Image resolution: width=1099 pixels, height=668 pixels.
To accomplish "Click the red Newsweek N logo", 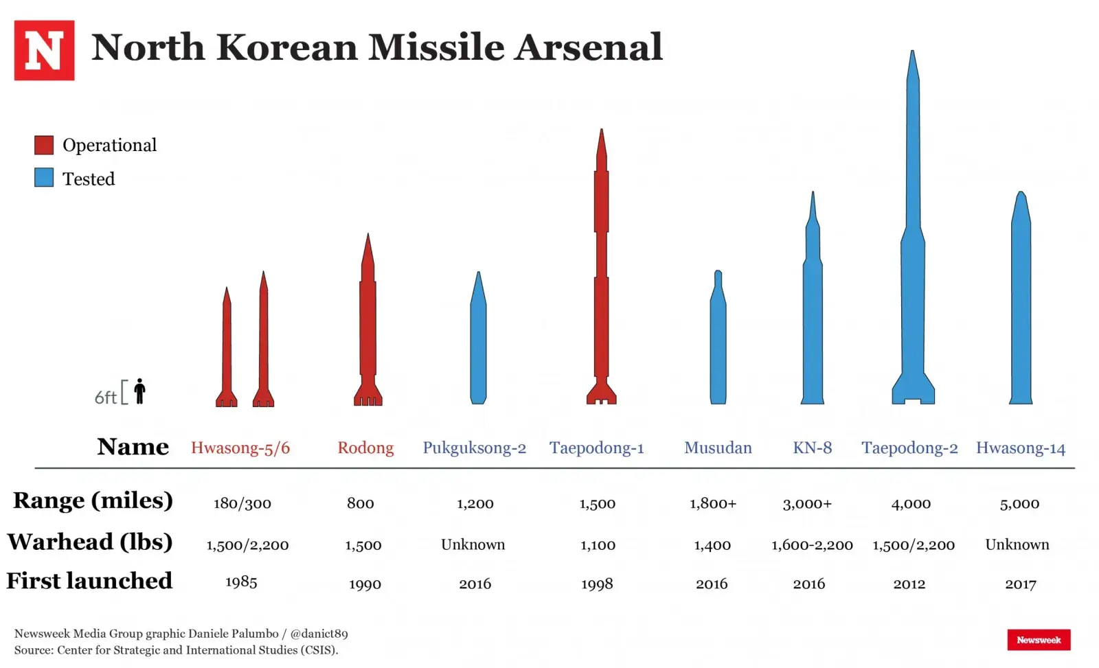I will click(44, 50).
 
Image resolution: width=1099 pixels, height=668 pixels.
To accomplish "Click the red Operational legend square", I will click(44, 145).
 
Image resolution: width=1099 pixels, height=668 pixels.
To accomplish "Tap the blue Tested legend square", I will click(44, 178).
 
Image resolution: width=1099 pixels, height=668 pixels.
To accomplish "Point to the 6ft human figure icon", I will click(140, 391).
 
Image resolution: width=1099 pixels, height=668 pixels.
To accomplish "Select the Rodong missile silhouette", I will click(368, 323).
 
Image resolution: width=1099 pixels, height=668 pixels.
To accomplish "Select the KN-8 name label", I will click(812, 448).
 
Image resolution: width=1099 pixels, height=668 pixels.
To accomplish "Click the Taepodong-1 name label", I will click(596, 448).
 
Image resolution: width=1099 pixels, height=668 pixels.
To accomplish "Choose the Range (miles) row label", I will click(93, 500).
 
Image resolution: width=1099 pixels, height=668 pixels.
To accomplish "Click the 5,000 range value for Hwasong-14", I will click(1019, 504).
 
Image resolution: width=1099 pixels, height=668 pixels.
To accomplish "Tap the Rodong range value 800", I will click(361, 504).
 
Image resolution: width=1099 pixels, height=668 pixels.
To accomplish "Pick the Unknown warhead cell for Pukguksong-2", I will click(473, 544).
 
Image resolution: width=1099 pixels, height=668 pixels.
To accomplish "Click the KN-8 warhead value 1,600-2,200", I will click(812, 545).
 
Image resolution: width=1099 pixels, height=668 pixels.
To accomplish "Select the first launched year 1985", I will click(241, 582).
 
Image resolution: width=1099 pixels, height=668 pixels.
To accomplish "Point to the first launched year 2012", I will click(909, 584).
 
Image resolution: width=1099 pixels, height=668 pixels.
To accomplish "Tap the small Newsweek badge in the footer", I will click(1039, 640).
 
